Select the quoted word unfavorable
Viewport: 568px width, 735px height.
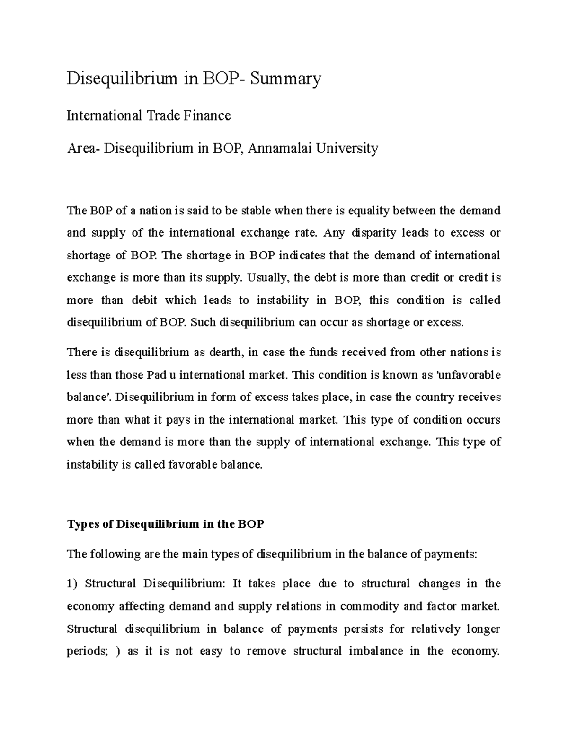coord(468,375)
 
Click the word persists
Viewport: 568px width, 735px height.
coord(362,629)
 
